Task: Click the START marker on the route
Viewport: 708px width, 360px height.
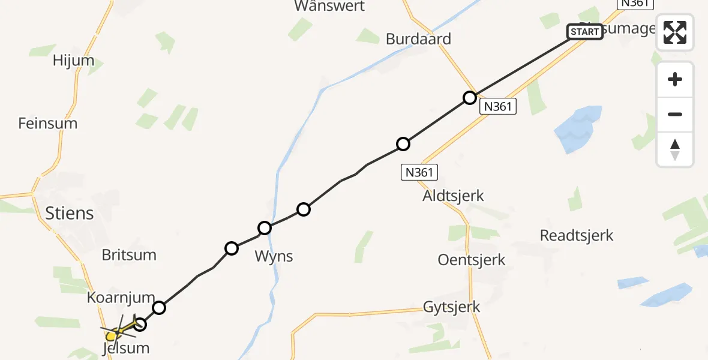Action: coord(584,31)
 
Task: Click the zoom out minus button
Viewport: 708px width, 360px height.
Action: coord(675,114)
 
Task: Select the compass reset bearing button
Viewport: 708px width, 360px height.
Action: coord(675,149)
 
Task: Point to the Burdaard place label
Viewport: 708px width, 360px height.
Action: coord(418,39)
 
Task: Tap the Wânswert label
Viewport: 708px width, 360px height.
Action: coord(329,6)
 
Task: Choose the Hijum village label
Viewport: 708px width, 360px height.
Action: coord(73,61)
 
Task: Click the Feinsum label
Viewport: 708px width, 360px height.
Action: coord(48,124)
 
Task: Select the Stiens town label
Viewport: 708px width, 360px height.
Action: coord(70,213)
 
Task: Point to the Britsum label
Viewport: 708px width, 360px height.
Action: coord(129,254)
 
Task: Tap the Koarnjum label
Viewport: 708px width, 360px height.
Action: coord(121,298)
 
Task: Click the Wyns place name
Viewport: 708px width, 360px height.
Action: coord(274,256)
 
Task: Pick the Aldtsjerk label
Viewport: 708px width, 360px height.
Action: coord(453,196)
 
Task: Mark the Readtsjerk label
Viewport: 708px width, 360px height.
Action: coord(577,235)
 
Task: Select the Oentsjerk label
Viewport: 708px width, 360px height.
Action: coord(472,260)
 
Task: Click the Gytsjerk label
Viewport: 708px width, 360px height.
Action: coord(452,307)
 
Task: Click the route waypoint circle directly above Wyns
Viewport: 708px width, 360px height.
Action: coord(265,228)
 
